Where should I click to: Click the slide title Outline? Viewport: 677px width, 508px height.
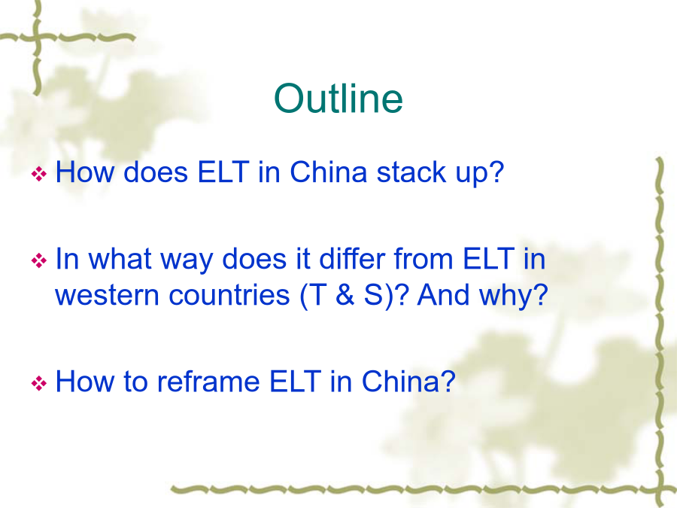[x=338, y=99]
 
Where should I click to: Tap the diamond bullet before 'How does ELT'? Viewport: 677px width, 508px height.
[x=39, y=174]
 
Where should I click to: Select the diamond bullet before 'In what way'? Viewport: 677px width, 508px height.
[x=39, y=260]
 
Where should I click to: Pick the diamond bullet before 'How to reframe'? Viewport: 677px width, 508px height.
[x=39, y=383]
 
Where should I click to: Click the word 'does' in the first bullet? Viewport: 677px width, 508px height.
[x=156, y=172]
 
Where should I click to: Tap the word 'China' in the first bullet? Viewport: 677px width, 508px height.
[x=328, y=172]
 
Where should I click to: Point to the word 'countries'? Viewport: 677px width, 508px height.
[x=229, y=295]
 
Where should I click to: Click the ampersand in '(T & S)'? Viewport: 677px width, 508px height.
[x=345, y=295]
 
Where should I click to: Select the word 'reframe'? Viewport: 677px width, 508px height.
[x=208, y=382]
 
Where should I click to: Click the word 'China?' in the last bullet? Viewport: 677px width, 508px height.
[x=408, y=382]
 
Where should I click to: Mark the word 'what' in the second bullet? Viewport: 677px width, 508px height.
[x=120, y=258]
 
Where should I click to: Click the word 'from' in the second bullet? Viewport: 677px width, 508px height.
[x=423, y=258]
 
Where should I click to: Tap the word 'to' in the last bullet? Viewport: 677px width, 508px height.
[x=135, y=382]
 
